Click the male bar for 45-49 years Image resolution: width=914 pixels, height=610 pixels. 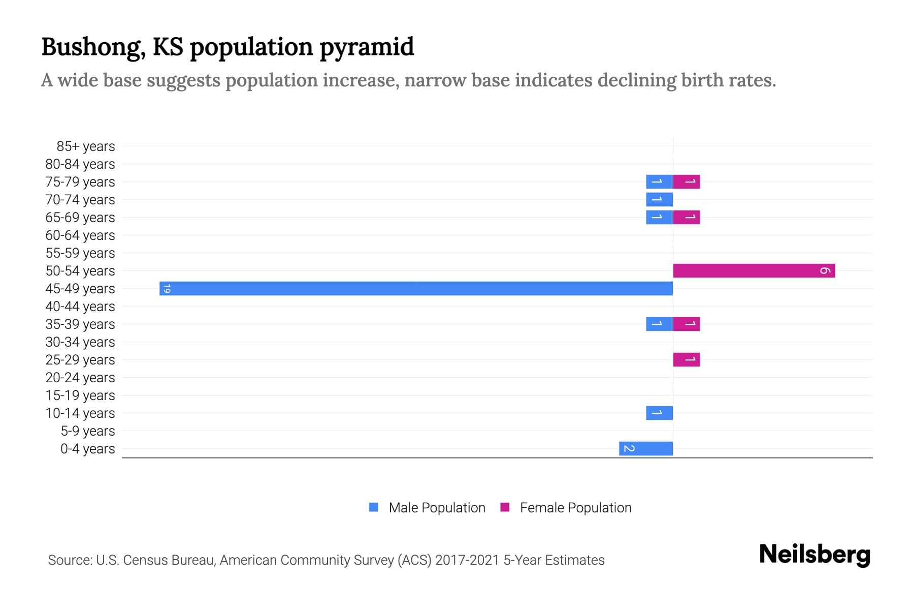pos(416,288)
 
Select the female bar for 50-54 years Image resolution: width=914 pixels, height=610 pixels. pos(754,270)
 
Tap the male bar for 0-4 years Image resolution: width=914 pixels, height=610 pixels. pos(646,448)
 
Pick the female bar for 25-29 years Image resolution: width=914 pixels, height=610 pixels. pos(687,359)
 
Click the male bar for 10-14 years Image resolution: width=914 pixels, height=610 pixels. pos(659,413)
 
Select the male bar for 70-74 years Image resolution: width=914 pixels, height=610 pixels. pos(659,199)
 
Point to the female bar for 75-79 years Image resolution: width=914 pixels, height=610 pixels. pos(687,181)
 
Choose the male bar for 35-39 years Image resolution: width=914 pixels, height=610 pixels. pos(659,324)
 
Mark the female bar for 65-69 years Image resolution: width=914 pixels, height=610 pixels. pos(687,217)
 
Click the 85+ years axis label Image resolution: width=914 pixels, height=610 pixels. pos(85,146)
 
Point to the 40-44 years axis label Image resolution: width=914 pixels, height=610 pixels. pos(80,307)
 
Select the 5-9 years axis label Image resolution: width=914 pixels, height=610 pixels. pos(87,431)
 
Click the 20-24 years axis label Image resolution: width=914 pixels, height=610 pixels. pos(80,378)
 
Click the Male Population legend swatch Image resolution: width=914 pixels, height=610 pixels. pos(374,507)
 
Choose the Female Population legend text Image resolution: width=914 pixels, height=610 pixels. pos(575,507)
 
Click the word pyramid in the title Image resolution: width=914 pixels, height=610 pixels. pos(367,47)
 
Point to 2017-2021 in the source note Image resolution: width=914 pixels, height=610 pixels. pos(467,560)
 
